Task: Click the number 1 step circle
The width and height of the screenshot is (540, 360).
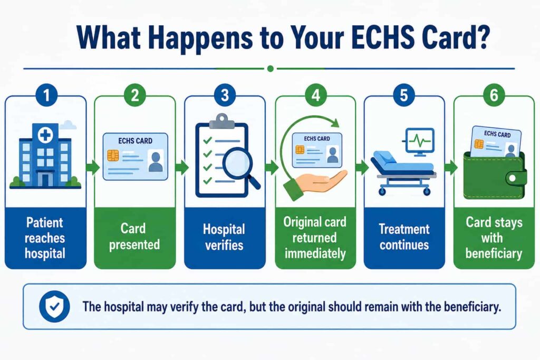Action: (46, 95)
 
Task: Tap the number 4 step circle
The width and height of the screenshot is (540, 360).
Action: (315, 95)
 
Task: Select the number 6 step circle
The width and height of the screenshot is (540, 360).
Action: (494, 95)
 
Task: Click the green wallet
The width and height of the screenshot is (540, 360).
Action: (494, 176)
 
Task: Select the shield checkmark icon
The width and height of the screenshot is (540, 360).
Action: (54, 306)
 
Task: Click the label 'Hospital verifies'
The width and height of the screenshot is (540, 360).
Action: (224, 237)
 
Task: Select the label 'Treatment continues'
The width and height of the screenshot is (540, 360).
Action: (404, 237)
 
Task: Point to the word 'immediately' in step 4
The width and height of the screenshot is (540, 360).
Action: (315, 254)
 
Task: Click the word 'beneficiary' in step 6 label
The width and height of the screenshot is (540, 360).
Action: (494, 254)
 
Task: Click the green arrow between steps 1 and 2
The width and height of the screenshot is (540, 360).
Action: (92, 168)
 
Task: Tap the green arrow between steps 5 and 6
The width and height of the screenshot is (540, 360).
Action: (451, 168)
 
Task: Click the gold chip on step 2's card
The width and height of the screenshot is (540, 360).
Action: (113, 155)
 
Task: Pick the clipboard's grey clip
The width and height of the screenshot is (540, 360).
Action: (222, 121)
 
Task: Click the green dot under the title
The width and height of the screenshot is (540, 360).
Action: (271, 69)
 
